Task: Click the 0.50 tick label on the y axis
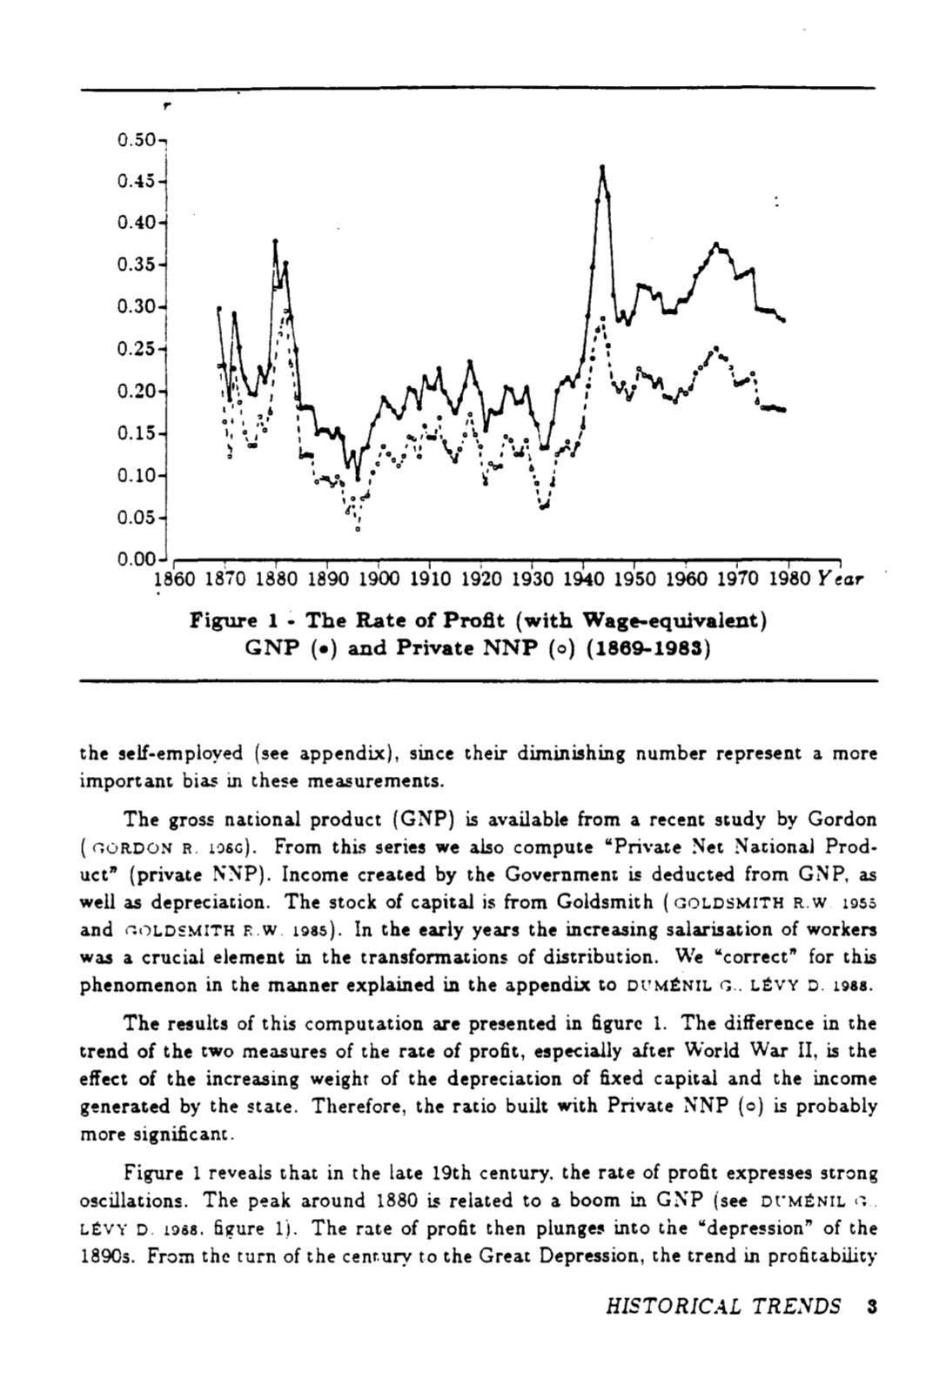(135, 139)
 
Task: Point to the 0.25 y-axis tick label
(135, 349)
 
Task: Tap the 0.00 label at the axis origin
(135, 559)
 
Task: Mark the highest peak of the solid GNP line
(602, 166)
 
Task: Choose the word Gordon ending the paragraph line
(842, 819)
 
